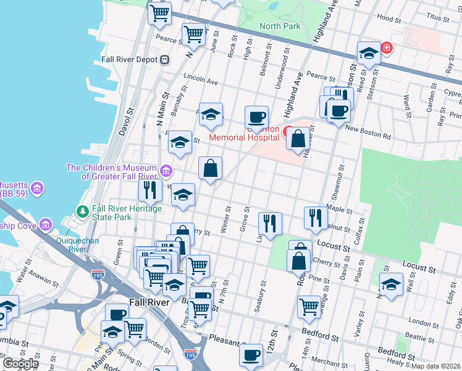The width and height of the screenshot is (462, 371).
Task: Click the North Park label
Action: [279, 26]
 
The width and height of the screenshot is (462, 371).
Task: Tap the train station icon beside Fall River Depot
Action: [165, 60]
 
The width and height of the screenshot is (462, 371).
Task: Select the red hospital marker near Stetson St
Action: [387, 48]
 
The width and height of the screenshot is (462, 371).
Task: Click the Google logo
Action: [20, 363]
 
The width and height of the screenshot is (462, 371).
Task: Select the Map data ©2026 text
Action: [436, 366]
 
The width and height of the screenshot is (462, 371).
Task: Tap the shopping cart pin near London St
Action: [309, 305]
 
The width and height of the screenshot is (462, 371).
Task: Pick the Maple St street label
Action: [339, 210]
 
